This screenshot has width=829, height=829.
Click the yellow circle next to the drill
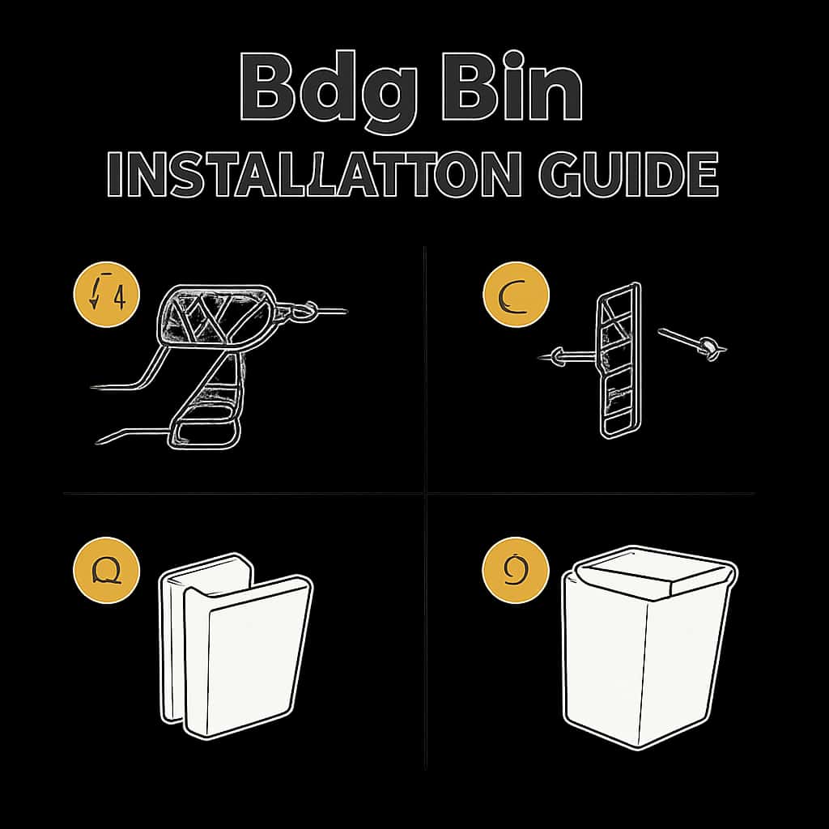pos(107,296)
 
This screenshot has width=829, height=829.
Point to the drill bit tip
pos(343,311)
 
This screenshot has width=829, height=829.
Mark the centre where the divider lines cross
pos(426,493)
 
